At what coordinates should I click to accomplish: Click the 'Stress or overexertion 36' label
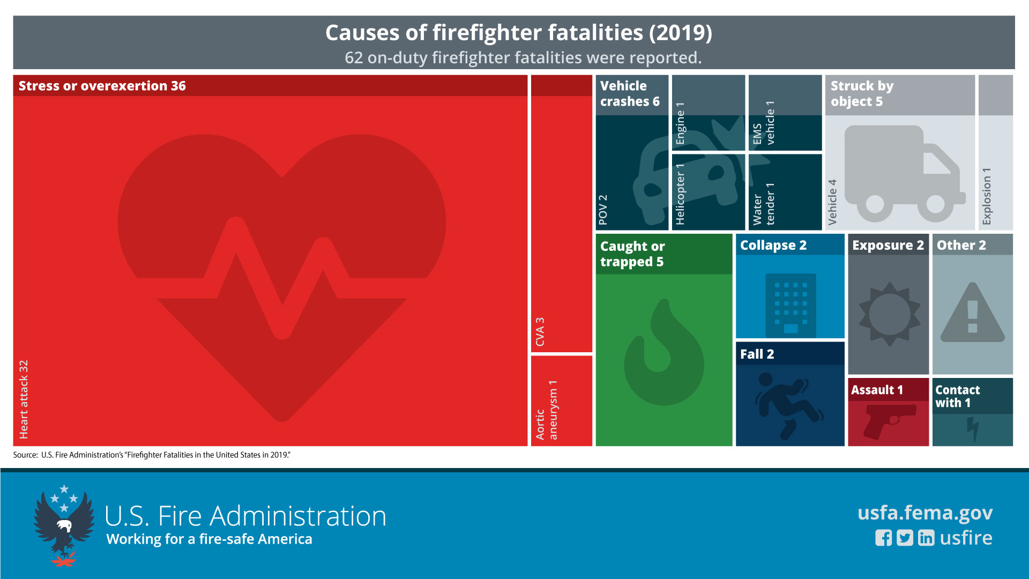click(102, 86)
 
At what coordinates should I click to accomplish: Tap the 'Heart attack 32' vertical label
click(24, 399)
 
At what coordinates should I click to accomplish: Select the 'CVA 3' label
click(540, 332)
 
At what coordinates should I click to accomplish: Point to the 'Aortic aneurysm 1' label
click(546, 410)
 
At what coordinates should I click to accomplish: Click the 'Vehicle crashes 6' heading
click(630, 94)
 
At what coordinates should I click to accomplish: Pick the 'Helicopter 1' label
click(680, 194)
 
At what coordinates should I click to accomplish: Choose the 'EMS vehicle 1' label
click(764, 123)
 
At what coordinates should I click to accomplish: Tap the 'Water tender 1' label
click(764, 204)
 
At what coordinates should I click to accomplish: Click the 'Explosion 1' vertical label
click(987, 196)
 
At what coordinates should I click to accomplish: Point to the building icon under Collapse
click(791, 304)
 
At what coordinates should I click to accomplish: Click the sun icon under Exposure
click(890, 314)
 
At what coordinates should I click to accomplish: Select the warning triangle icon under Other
click(972, 314)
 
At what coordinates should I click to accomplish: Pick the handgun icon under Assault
click(888, 421)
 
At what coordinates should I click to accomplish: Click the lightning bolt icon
click(973, 429)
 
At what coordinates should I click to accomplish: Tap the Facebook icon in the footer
click(883, 538)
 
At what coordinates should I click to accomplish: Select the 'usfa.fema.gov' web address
click(925, 513)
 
